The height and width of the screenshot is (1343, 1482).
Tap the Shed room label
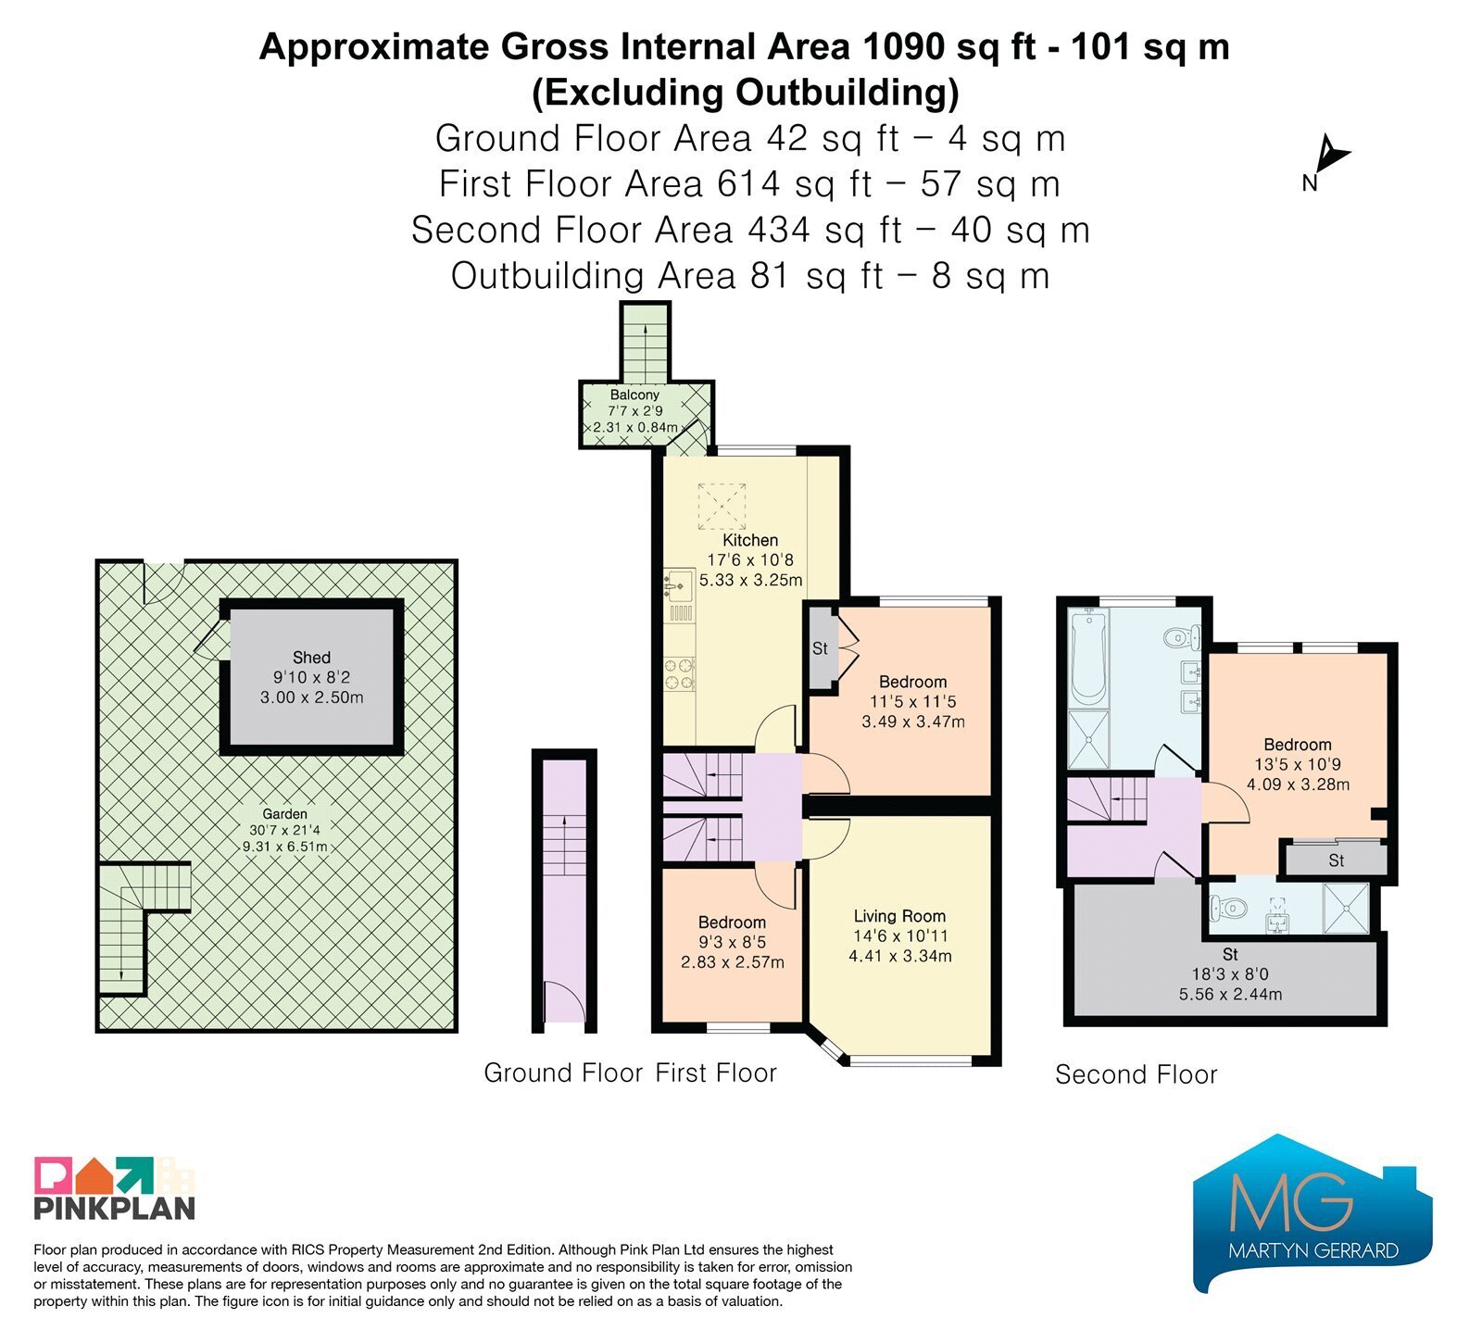click(311, 658)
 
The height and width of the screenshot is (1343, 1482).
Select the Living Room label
click(899, 916)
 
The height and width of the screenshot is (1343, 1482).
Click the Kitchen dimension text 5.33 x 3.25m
click(750, 580)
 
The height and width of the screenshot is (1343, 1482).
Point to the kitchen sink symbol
click(679, 584)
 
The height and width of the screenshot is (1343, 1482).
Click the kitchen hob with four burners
click(679, 673)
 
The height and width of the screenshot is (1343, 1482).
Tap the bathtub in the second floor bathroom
click(1087, 657)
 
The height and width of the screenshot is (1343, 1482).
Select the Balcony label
click(634, 395)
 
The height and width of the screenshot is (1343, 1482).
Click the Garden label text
click(284, 814)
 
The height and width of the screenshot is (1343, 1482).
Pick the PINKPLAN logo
click(115, 1188)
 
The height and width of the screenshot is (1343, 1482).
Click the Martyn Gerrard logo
click(1312, 1213)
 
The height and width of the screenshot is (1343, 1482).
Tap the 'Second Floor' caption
click(1136, 1074)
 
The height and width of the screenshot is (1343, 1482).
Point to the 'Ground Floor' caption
click(563, 1073)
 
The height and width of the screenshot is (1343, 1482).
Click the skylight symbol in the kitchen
click(722, 506)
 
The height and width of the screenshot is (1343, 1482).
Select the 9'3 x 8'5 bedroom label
click(732, 942)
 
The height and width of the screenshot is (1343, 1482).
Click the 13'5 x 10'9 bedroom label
click(1298, 764)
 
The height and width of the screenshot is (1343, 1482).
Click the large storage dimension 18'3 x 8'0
click(1230, 974)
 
